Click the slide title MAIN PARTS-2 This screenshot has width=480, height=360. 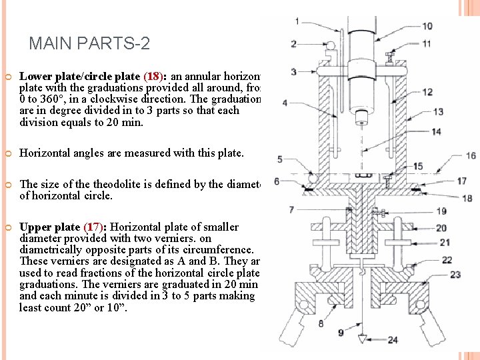pos(89,44)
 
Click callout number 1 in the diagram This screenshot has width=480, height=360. pos(297,21)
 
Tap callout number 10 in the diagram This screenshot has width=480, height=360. pos(427,26)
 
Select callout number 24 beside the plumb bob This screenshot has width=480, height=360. pos(393,340)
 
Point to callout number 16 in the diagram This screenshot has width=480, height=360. pos(471,155)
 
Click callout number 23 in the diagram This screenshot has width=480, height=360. pos(455,275)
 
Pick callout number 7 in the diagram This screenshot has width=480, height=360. pos(291,210)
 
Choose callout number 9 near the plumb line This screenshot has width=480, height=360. pos(340,332)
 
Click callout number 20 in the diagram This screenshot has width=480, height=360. pos(441,228)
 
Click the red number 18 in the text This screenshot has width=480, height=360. pos(152,75)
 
